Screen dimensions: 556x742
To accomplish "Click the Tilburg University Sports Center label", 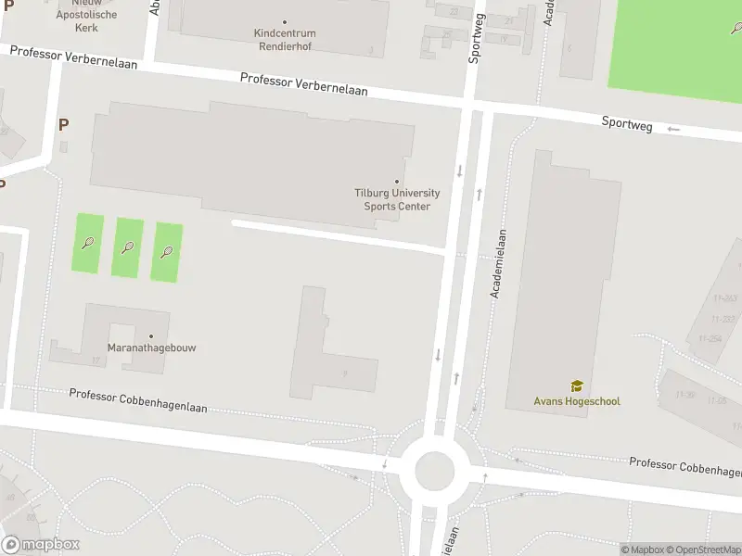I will [397, 199].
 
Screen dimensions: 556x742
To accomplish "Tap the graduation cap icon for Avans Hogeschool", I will [576, 385].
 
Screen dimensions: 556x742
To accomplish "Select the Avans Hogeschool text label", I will [576, 401].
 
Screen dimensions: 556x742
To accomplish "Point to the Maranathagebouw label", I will [151, 347].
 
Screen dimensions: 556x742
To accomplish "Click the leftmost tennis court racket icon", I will [88, 244].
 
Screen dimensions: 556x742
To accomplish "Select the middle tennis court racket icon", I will [128, 247].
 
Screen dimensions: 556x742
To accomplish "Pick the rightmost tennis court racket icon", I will [167, 250].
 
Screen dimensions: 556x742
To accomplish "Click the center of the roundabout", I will [434, 471].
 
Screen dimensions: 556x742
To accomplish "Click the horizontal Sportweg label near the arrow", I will [627, 123].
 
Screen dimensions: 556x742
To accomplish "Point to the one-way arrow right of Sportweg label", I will [673, 129].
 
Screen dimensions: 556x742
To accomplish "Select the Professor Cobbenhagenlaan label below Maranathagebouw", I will [138, 401].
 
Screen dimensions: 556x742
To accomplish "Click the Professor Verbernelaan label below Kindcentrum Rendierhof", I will [303, 84].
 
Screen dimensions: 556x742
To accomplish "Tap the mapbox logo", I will [41, 545].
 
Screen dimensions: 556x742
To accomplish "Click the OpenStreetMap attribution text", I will [701, 550].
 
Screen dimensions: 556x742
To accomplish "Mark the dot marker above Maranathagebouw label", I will [151, 335].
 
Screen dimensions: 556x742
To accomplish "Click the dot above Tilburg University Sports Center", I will [397, 182].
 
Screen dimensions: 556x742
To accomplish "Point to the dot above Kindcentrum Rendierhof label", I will [284, 21].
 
